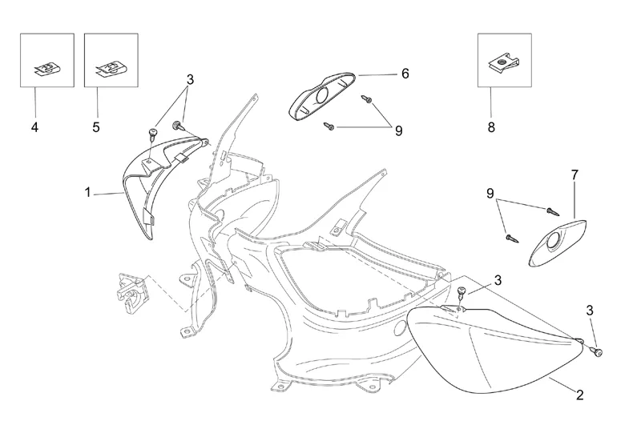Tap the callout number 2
click(x=579, y=394)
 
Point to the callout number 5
click(x=97, y=127)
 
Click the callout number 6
click(x=405, y=74)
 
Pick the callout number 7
click(x=574, y=173)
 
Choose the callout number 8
click(x=490, y=127)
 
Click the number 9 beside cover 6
click(x=398, y=130)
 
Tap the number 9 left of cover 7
click(x=490, y=194)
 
